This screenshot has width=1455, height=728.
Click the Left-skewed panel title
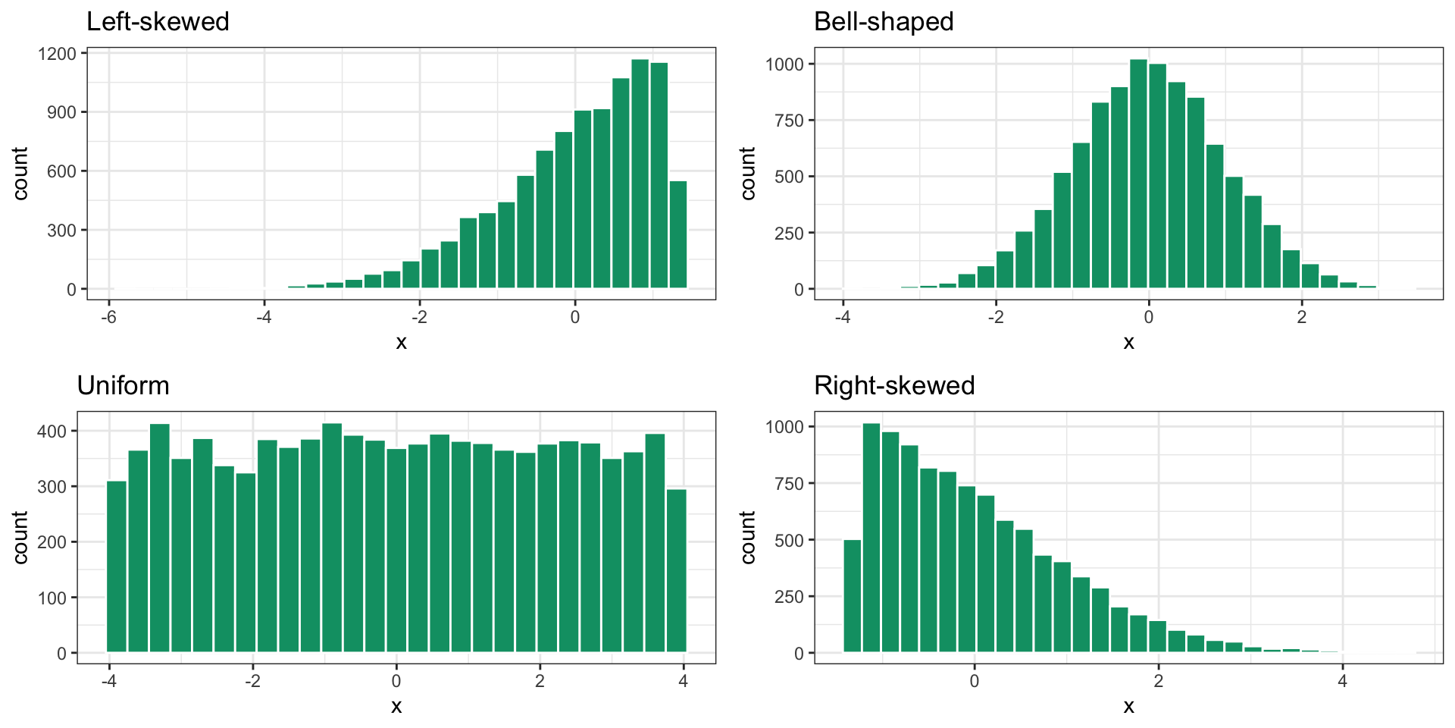158,21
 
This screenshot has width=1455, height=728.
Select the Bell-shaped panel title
884,21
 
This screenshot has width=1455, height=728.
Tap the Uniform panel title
123,385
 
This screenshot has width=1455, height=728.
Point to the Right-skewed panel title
894,385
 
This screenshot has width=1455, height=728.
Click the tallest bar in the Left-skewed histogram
640,174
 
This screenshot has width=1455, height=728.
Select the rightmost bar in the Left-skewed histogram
678,235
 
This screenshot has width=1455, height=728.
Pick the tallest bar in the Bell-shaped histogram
1138,174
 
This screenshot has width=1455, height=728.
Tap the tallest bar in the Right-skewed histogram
871,538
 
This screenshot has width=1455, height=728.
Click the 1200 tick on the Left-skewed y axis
58,54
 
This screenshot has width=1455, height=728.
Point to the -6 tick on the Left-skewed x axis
108,317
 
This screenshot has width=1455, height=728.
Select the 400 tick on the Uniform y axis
52,431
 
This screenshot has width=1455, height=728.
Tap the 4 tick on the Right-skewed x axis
1342,681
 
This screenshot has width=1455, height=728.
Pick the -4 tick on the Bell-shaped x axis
842,317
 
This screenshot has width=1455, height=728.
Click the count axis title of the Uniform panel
20,537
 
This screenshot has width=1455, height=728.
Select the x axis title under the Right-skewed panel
1128,707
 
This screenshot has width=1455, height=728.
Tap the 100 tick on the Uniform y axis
52,598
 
